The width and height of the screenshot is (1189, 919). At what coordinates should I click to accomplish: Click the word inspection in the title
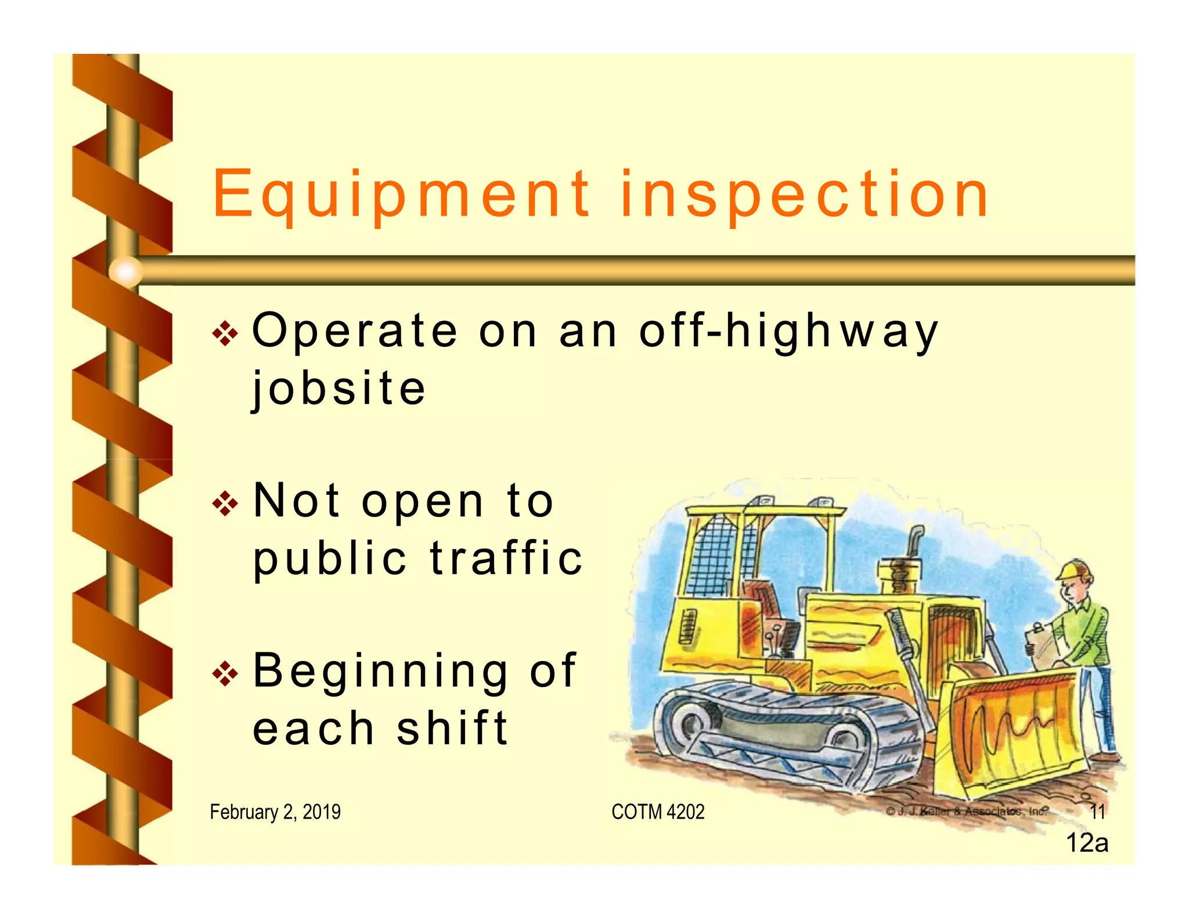[804, 195]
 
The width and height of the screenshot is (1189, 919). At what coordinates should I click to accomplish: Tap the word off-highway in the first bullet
[788, 331]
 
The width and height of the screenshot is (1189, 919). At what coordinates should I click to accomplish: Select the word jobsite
[339, 388]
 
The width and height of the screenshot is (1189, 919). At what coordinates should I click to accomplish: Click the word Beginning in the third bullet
[380, 671]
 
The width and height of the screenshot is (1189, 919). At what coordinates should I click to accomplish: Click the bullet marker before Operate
[225, 333]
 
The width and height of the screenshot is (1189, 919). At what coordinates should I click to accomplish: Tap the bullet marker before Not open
[225, 504]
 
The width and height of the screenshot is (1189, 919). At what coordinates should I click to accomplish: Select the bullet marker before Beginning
[225, 674]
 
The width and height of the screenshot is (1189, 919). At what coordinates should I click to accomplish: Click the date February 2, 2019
[275, 812]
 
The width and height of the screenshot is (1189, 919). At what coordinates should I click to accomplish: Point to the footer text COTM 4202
[658, 812]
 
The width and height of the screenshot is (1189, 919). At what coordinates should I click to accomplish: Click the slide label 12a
[1087, 843]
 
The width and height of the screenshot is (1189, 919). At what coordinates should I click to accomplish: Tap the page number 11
[1097, 812]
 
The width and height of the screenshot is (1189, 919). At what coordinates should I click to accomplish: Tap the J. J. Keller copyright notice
[967, 811]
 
